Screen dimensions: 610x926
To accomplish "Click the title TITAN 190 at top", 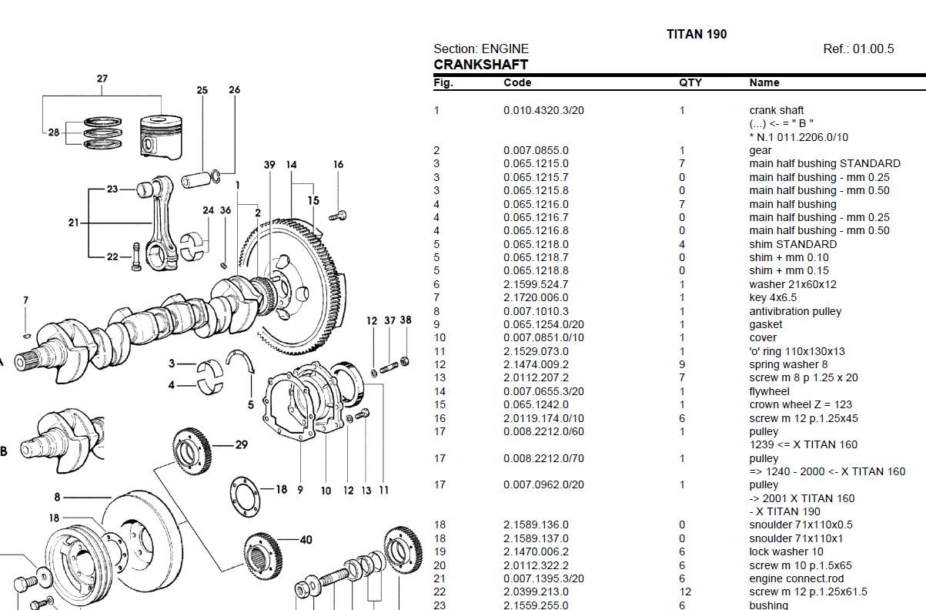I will point(696,34).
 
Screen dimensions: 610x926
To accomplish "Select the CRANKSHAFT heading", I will point(480,65).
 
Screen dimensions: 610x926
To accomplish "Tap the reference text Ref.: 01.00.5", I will point(858,49).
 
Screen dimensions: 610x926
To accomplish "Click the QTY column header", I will point(690,82).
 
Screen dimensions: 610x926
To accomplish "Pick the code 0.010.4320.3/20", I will point(543,110).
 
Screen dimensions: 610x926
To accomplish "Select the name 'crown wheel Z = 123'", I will point(801,404).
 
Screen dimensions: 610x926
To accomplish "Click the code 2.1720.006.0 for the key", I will point(536,297).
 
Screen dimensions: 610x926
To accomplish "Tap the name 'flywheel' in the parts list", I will point(769,391).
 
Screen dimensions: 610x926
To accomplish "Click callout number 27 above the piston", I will point(102,79).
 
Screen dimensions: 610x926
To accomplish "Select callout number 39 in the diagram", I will point(269,165).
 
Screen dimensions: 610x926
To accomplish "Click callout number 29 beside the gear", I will point(241,444).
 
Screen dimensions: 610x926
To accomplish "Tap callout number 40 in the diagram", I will point(306,539).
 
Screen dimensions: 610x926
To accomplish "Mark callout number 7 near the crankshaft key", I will point(25,300).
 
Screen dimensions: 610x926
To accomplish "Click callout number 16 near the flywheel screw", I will point(338,165).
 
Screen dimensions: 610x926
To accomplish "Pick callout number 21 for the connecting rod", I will point(73,223).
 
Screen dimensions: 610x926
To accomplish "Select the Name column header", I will point(764,82).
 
